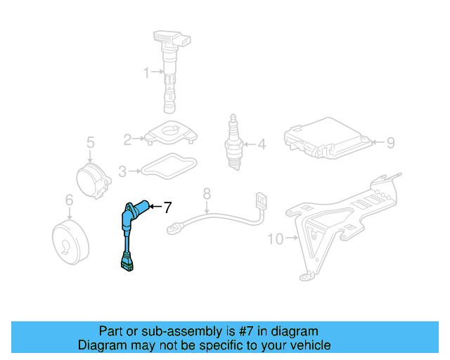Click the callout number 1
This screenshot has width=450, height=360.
point(147,72)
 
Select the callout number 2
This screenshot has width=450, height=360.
point(127,139)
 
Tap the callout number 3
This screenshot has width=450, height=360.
point(122,170)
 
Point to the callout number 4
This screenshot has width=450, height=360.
point(262,146)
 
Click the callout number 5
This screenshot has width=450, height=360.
point(90,144)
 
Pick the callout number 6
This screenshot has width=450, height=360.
point(69,201)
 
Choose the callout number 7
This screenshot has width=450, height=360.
point(167,207)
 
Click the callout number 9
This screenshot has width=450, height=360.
point(391,143)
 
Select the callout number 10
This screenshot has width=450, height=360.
point(275,239)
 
